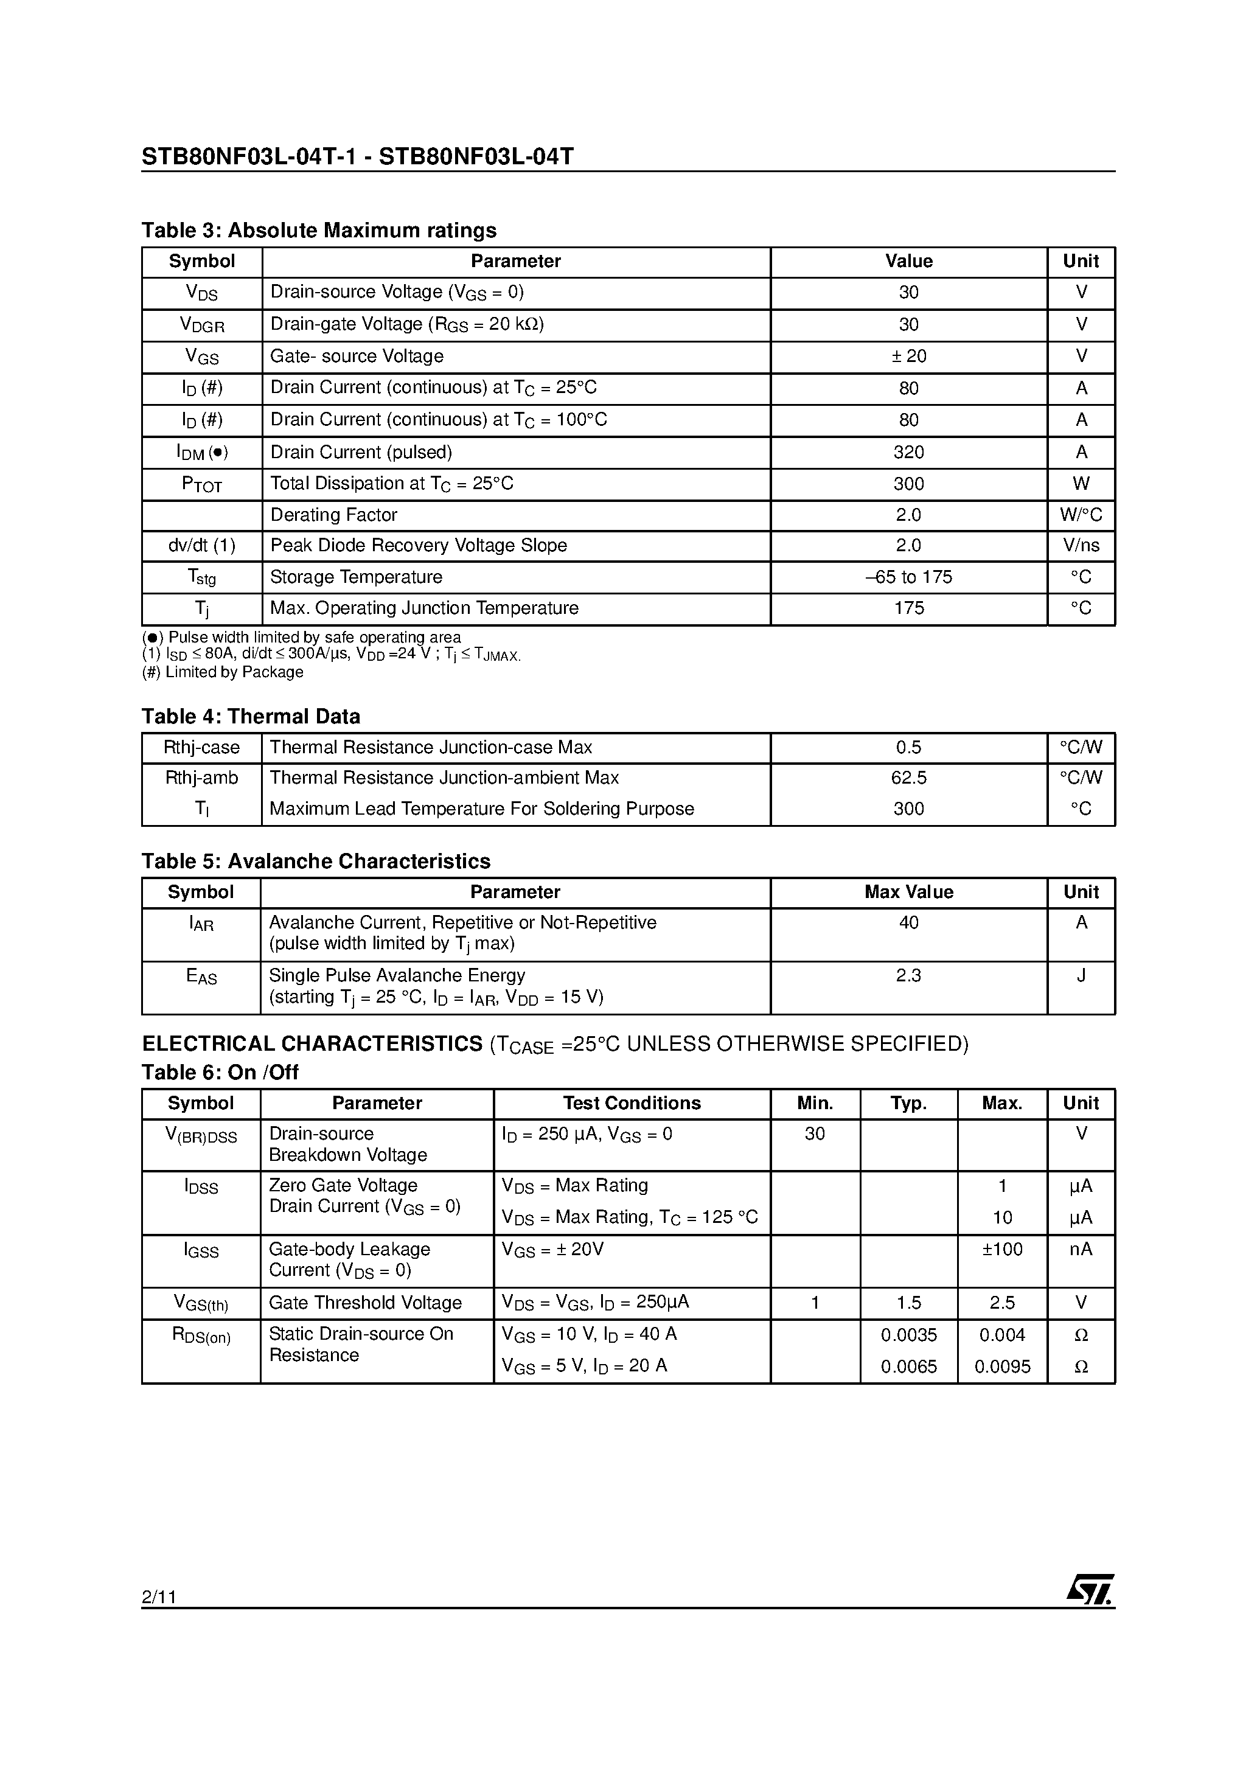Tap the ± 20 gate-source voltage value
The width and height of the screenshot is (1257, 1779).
coord(908,357)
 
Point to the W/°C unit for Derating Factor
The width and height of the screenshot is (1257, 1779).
coord(1081,515)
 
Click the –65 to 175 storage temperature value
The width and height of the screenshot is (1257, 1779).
coord(908,577)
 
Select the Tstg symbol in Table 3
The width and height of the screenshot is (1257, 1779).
coord(201,578)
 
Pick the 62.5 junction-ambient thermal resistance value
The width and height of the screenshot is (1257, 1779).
coord(908,778)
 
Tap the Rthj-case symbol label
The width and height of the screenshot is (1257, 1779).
coord(201,748)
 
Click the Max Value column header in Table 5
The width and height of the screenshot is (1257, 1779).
coord(908,893)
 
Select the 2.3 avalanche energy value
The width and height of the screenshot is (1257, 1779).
coord(908,975)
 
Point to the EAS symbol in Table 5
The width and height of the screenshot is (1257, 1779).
coord(201,977)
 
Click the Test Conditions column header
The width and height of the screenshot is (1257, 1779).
coord(632,1103)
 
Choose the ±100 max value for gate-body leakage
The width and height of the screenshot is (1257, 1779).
coord(1002,1249)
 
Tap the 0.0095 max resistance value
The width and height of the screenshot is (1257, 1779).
coord(1002,1366)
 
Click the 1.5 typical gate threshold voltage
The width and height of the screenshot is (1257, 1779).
coord(908,1303)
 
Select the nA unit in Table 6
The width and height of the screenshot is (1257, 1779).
coord(1081,1249)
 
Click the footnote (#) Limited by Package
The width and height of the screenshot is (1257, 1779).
coord(223,672)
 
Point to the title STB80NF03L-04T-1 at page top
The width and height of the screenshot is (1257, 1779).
coord(249,158)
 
